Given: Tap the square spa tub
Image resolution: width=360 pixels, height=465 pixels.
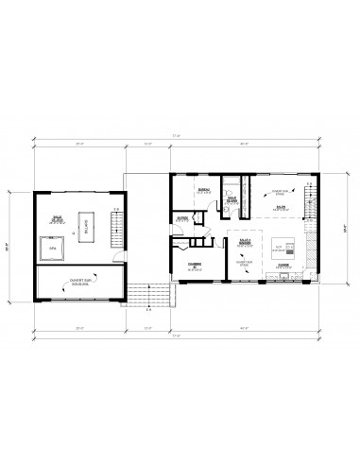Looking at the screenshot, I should [55, 249].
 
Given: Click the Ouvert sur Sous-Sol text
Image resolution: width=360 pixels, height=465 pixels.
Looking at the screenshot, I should [79, 281].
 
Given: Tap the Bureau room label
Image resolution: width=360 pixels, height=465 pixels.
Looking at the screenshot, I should [202, 191].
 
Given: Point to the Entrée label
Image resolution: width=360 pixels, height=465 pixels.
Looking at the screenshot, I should [182, 218].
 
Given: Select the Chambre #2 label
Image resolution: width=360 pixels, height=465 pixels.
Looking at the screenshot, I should [194, 266].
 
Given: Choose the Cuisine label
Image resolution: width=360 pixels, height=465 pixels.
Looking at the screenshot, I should [283, 267].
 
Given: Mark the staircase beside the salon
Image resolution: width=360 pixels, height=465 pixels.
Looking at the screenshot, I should [307, 199].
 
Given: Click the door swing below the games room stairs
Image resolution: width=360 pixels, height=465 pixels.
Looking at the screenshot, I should [112, 250].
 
